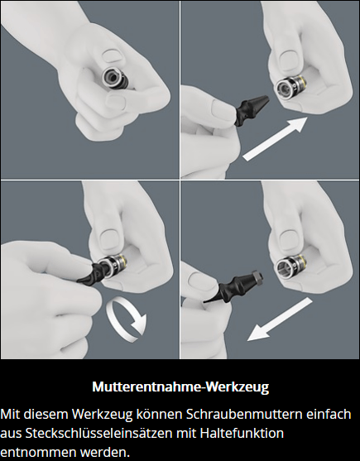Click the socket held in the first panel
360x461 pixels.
point(115,79)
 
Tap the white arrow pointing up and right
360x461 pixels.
point(275,139)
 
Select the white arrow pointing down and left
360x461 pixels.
point(280,319)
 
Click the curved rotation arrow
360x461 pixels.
point(127,319)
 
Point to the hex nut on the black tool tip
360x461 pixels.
point(257,276)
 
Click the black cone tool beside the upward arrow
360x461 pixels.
point(251,111)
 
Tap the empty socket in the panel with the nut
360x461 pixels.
point(290,266)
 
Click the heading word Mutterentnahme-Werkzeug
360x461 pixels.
point(180,387)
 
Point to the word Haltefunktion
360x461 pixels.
point(242,434)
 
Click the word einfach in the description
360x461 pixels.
point(329,415)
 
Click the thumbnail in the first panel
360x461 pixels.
point(113,55)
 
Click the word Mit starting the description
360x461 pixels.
point(10,415)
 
